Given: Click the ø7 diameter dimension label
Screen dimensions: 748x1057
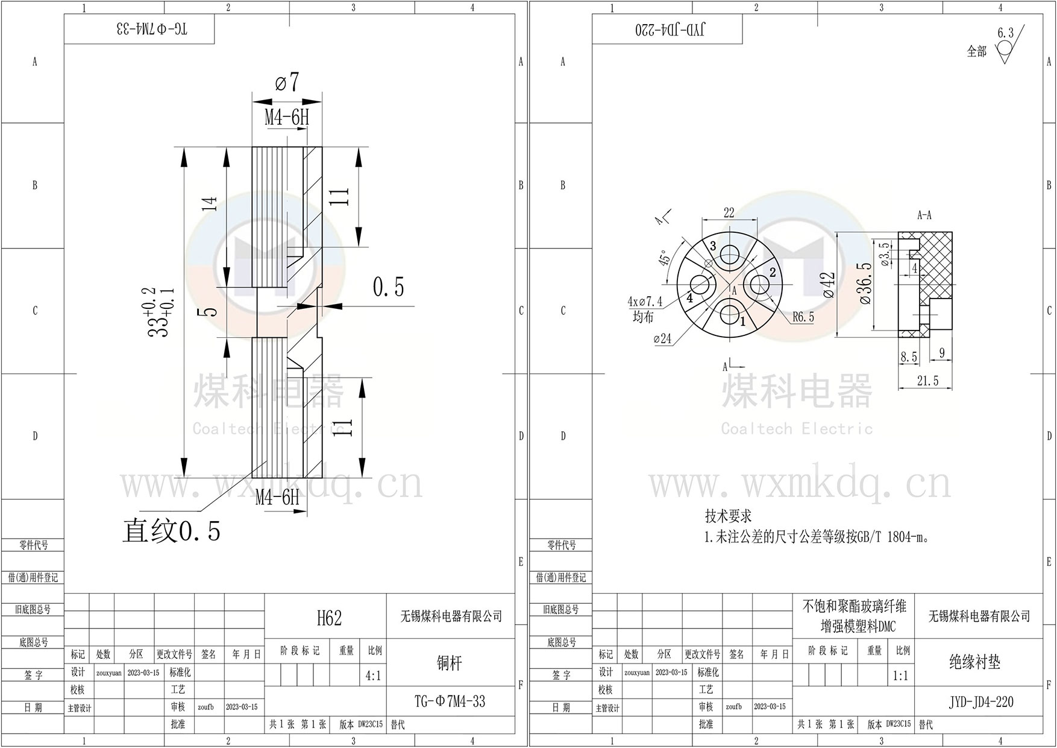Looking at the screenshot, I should pos(287,82).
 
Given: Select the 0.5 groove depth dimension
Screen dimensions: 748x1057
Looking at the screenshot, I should pos(389,287).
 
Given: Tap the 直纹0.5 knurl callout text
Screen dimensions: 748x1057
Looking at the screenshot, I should pos(172,531).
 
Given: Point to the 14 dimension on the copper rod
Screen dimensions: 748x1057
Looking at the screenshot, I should pos(209,204).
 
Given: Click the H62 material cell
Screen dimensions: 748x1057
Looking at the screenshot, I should pos(329,618).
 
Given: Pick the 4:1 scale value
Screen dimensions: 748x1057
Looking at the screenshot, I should pos(373,676).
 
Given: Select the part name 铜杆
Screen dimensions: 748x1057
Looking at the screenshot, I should pos(449,663).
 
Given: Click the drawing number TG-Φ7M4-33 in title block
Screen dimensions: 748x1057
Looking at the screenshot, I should pos(450,702).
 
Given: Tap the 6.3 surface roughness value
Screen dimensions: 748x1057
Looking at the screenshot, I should pos(1005,33).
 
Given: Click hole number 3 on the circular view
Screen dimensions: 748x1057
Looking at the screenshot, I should pos(713,246).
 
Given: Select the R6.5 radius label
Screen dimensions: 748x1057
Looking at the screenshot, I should pos(803,317).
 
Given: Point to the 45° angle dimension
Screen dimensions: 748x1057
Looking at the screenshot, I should pos(665,259).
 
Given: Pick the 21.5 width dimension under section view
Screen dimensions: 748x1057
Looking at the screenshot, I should pos(927,381).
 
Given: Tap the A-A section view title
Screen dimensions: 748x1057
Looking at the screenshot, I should pos(924,215).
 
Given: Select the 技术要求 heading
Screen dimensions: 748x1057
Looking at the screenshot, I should pos(728,516).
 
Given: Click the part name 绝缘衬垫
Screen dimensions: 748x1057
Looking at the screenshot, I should pos(974,662).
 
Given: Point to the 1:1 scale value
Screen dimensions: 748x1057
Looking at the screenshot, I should pos(900,676).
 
